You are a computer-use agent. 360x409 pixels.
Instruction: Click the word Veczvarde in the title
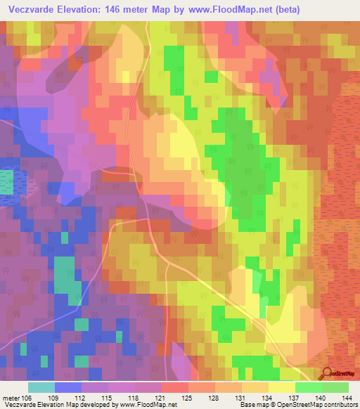coord(33,10)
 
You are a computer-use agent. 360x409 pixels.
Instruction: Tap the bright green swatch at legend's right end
coord(335,387)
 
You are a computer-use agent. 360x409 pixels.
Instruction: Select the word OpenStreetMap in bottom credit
coord(295,405)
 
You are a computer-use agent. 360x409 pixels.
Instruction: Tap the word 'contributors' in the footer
coord(341,405)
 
